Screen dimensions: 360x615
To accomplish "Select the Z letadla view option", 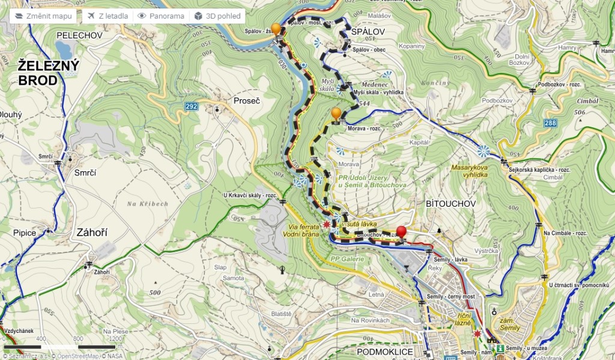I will pyautogui.click(x=106, y=16).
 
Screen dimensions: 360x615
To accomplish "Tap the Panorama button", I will pyautogui.click(x=160, y=16).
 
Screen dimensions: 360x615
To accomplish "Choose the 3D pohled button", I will pyautogui.click(x=217, y=16).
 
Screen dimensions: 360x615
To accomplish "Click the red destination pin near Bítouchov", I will pyautogui.click(x=401, y=234).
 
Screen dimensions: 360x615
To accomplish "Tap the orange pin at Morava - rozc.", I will pyautogui.click(x=336, y=114).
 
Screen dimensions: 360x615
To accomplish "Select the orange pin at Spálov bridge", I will pyautogui.click(x=276, y=29).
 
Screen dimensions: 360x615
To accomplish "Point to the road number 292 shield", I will pyautogui.click(x=191, y=106).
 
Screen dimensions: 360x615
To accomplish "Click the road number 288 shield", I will pyautogui.click(x=551, y=124).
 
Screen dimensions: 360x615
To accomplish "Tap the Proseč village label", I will pyautogui.click(x=247, y=101).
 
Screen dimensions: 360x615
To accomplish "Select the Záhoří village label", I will pyautogui.click(x=91, y=232).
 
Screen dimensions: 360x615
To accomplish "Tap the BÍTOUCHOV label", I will pyautogui.click(x=450, y=203).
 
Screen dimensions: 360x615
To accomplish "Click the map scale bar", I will pyautogui.click(x=60, y=347).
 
